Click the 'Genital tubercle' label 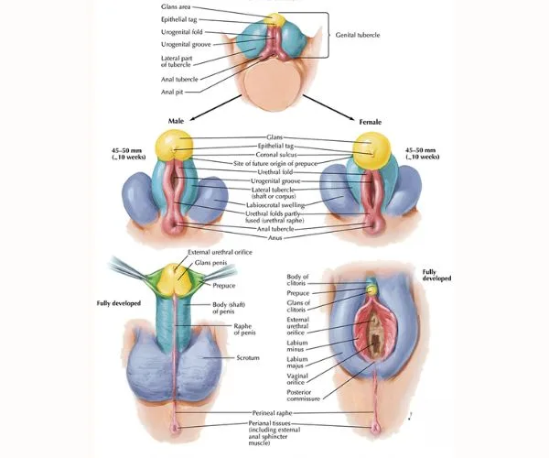click(x=358, y=35)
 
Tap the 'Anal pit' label click(x=172, y=93)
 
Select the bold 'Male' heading click(x=176, y=121)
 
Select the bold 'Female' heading click(x=370, y=122)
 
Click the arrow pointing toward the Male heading click(x=215, y=107)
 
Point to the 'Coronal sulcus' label click(x=276, y=155)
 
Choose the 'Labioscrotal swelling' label click(x=275, y=205)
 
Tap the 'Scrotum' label click(x=248, y=358)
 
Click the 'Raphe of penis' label click(x=244, y=330)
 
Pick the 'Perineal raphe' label click(x=272, y=413)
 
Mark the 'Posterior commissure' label click(x=303, y=396)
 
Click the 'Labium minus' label click(x=297, y=346)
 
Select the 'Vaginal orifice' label click(x=297, y=379)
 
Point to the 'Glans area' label click(x=176, y=6)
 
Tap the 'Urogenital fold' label click(x=182, y=32)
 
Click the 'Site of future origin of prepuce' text click(x=275, y=163)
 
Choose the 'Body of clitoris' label click(x=297, y=279)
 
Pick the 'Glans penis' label click(x=210, y=263)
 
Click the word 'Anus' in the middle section click(x=274, y=237)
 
